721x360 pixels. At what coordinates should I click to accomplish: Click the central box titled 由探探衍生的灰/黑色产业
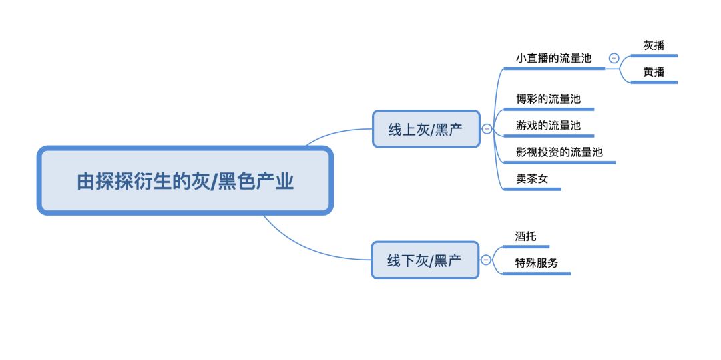point(185,180)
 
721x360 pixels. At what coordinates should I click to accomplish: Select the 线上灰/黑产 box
point(426,129)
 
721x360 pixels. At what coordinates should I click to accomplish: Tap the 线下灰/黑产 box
point(425,260)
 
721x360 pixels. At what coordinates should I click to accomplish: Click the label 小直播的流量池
point(553,58)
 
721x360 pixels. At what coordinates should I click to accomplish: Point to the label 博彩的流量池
point(549,98)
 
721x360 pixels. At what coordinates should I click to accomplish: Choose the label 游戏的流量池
point(549,125)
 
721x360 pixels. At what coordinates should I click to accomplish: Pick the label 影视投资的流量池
point(559,152)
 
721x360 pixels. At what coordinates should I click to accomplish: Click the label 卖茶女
point(532,178)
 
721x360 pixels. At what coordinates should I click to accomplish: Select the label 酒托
point(525,236)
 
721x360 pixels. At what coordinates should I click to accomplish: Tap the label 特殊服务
point(536,263)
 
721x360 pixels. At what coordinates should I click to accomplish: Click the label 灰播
point(654,45)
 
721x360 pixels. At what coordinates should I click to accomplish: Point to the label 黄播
point(654,72)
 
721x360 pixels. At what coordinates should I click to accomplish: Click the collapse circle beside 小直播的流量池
point(614,58)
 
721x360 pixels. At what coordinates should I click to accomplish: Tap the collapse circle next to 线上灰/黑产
point(487,129)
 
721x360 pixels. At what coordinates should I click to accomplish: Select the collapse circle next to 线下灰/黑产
point(486,260)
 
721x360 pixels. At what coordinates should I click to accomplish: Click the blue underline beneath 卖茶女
point(533,189)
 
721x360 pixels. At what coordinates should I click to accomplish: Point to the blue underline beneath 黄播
point(654,83)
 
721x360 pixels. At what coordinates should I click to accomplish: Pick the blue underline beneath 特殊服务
point(537,274)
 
